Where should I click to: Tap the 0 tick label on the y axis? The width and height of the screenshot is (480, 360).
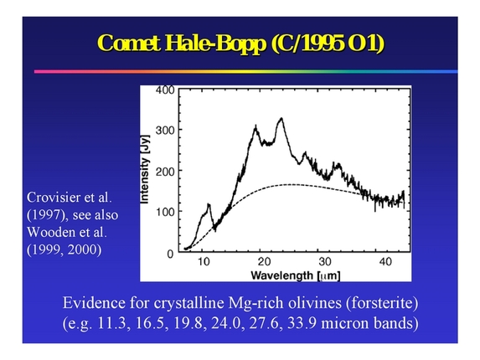click(x=169, y=254)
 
